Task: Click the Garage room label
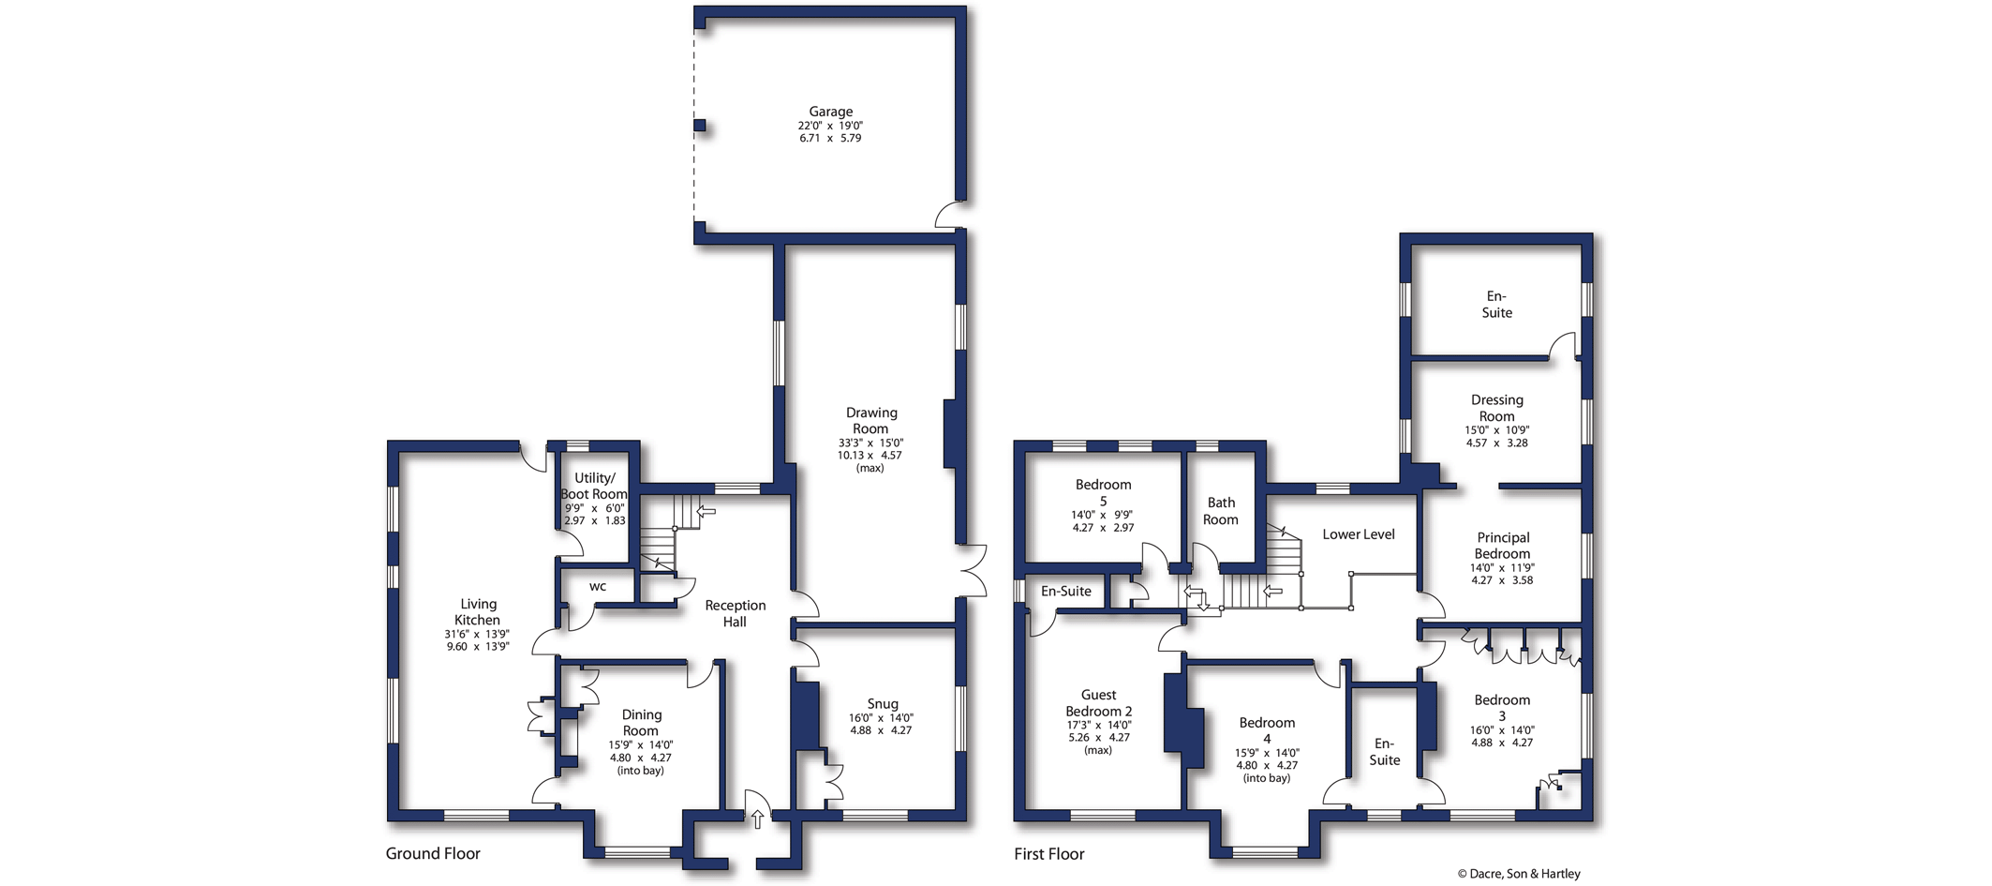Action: click(831, 112)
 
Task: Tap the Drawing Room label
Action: click(871, 420)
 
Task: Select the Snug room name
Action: click(883, 704)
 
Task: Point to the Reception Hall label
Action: click(736, 613)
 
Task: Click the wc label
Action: click(598, 587)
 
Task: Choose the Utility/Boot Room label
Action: click(594, 486)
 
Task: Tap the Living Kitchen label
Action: click(478, 611)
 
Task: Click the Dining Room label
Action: click(641, 722)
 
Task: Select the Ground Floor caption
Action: click(433, 853)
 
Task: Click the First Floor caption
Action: click(1049, 853)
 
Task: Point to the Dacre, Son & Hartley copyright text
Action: click(1519, 874)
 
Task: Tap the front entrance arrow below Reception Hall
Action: click(758, 819)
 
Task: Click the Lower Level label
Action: click(1359, 534)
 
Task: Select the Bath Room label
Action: click(1221, 511)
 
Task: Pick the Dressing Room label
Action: click(1497, 408)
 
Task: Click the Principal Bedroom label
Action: click(1503, 546)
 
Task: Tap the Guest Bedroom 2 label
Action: click(1099, 703)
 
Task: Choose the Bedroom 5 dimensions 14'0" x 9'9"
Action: click(1103, 515)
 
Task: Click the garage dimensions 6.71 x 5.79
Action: click(830, 138)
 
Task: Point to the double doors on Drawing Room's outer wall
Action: click(974, 570)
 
